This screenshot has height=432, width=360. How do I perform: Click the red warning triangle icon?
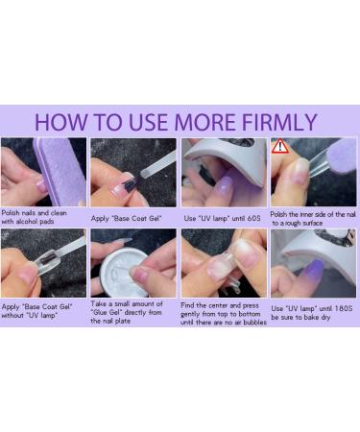coord(280,148)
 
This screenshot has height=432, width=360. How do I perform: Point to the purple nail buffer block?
coord(48,165)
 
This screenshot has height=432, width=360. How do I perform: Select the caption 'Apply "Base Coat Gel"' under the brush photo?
coord(128,218)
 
